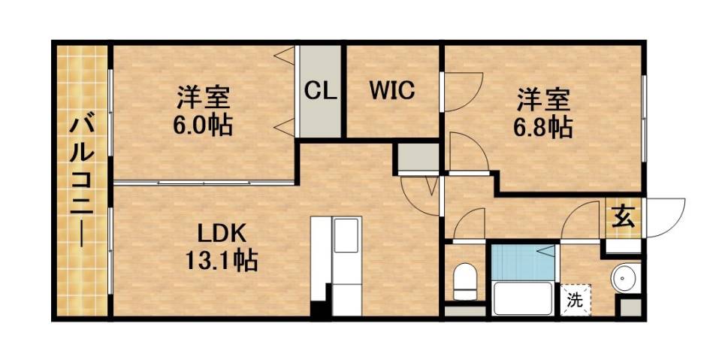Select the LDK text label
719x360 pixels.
coord(222,231)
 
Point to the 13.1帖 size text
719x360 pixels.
coord(222,262)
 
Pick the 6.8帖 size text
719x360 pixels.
coord(542,126)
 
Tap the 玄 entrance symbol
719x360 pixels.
coord(624,218)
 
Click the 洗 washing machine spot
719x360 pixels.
coord(575,301)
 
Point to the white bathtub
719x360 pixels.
coord(523,300)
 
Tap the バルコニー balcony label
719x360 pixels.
coord(80,180)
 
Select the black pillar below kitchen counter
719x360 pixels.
coord(319,308)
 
